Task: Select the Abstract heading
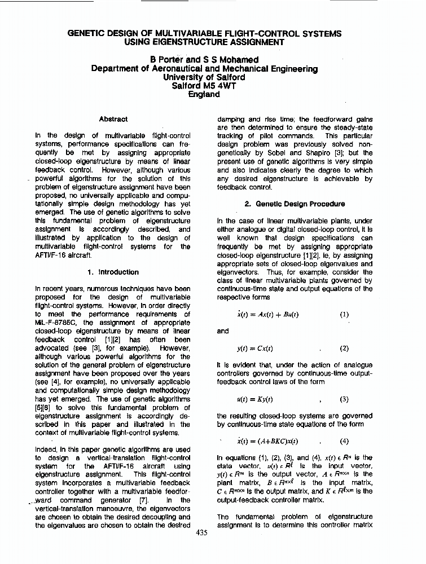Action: coord(113,119)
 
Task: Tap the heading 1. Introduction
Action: coord(113,272)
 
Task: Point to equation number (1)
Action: coord(344,315)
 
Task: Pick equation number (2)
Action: coord(344,349)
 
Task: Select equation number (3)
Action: coord(344,399)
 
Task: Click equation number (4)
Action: coord(344,442)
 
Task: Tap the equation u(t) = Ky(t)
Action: coord(255,399)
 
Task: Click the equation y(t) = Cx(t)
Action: coord(256,349)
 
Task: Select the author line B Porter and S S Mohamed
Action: coord(204,59)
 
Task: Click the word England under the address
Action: coord(204,95)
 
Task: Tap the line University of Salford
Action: coord(204,77)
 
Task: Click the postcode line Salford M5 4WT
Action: coord(204,86)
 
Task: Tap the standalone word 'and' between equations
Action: coord(223,332)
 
